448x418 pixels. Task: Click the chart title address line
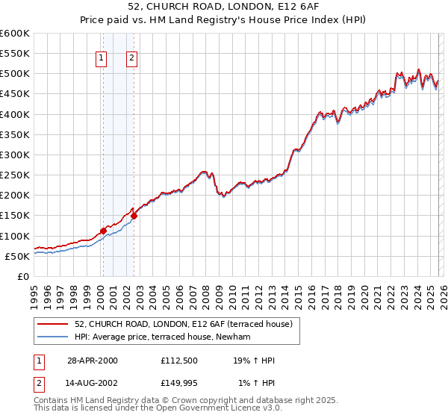(223, 7)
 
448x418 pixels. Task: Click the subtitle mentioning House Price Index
(223, 20)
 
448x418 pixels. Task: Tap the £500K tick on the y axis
(15, 74)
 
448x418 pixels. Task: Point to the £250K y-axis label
(15, 175)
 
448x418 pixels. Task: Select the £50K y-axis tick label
(17, 256)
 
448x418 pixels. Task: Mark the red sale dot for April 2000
(103, 231)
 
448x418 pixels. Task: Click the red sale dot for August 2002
(134, 216)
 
